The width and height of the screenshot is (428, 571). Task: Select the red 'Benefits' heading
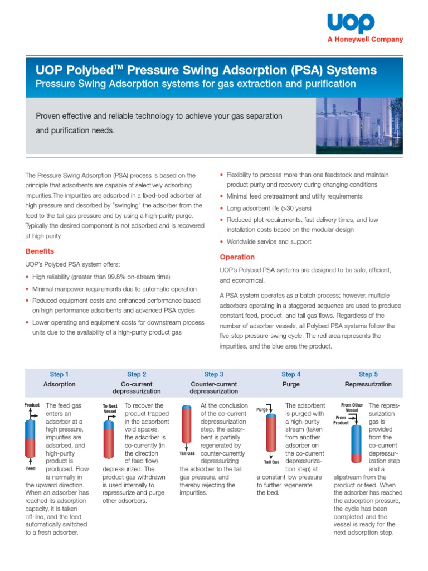[x=40, y=251]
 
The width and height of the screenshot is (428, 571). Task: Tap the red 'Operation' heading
[x=237, y=257]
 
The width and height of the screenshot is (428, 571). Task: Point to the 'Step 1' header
[x=59, y=374]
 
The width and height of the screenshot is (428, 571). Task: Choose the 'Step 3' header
[x=214, y=374]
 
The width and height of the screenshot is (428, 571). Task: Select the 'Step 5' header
[x=368, y=374]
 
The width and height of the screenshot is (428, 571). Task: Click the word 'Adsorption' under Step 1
[x=59, y=384]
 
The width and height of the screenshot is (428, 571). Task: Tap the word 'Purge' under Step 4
[x=291, y=384]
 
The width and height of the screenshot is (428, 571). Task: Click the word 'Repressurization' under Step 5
[x=368, y=384]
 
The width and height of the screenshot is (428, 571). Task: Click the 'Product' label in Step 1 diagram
[x=32, y=405]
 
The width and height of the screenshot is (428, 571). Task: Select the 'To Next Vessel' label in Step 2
[x=110, y=408]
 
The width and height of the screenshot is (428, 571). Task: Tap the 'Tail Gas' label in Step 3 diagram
[x=187, y=454]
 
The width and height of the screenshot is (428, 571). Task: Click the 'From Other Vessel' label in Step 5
[x=352, y=407]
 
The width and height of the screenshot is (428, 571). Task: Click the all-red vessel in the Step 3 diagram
[x=187, y=427]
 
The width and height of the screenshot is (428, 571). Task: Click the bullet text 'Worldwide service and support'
[x=269, y=242]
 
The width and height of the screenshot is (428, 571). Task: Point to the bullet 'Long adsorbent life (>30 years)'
[x=270, y=208]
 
